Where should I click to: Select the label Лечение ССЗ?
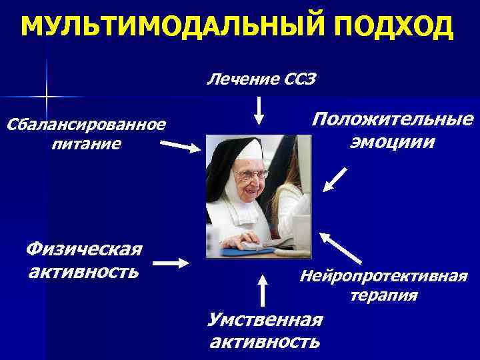pyautogui.click(x=261, y=80)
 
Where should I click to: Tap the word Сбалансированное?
pyautogui.click(x=85, y=124)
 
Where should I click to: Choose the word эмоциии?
pyautogui.click(x=393, y=142)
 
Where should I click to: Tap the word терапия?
pyautogui.click(x=384, y=295)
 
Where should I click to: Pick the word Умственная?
pyautogui.click(x=265, y=320)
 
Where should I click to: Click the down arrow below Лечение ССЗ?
pyautogui.click(x=259, y=111)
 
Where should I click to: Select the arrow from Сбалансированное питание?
pyautogui.click(x=181, y=146)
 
